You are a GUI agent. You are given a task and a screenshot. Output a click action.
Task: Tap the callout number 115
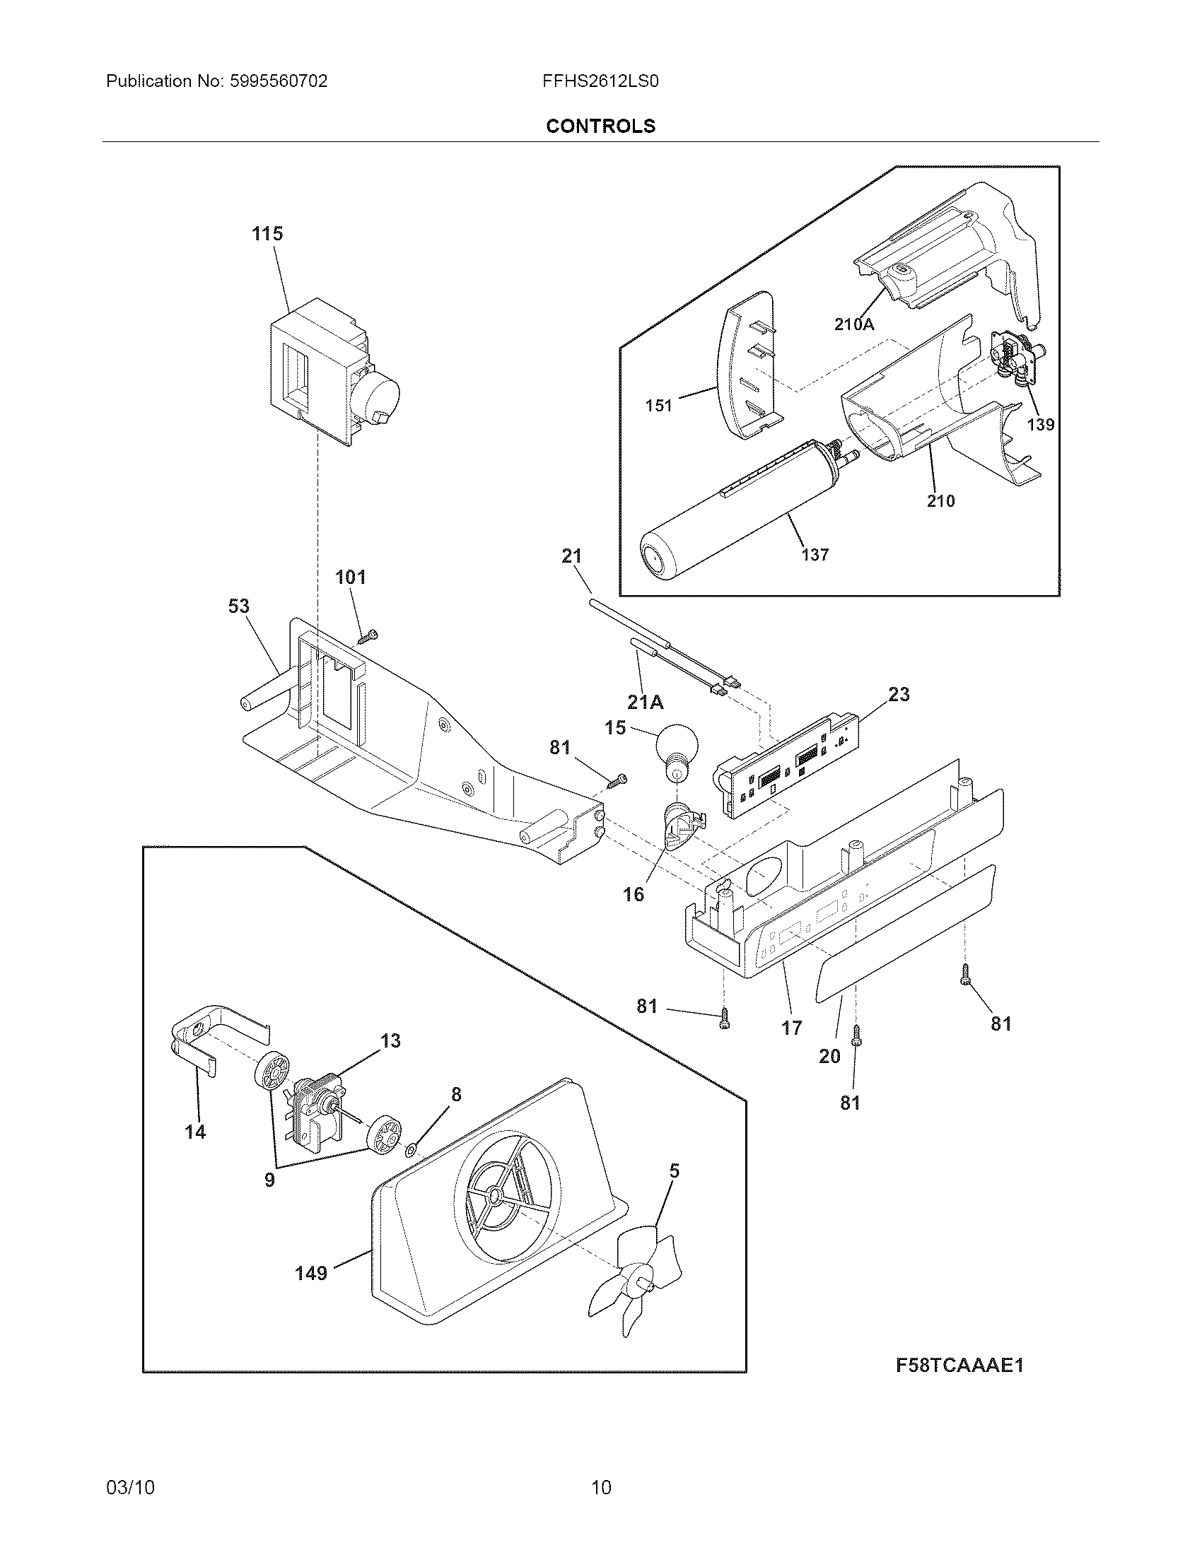(267, 233)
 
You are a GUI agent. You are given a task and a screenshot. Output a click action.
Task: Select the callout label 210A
(854, 324)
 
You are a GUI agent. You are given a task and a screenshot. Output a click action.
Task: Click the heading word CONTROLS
(600, 126)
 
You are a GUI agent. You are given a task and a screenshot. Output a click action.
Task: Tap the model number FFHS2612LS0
(600, 81)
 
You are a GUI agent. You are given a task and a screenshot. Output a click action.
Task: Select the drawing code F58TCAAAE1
(959, 1366)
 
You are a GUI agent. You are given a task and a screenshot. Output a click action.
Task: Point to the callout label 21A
(645, 702)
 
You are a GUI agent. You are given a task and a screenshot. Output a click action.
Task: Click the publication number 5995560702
(279, 81)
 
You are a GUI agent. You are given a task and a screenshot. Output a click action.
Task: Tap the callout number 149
(311, 1273)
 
